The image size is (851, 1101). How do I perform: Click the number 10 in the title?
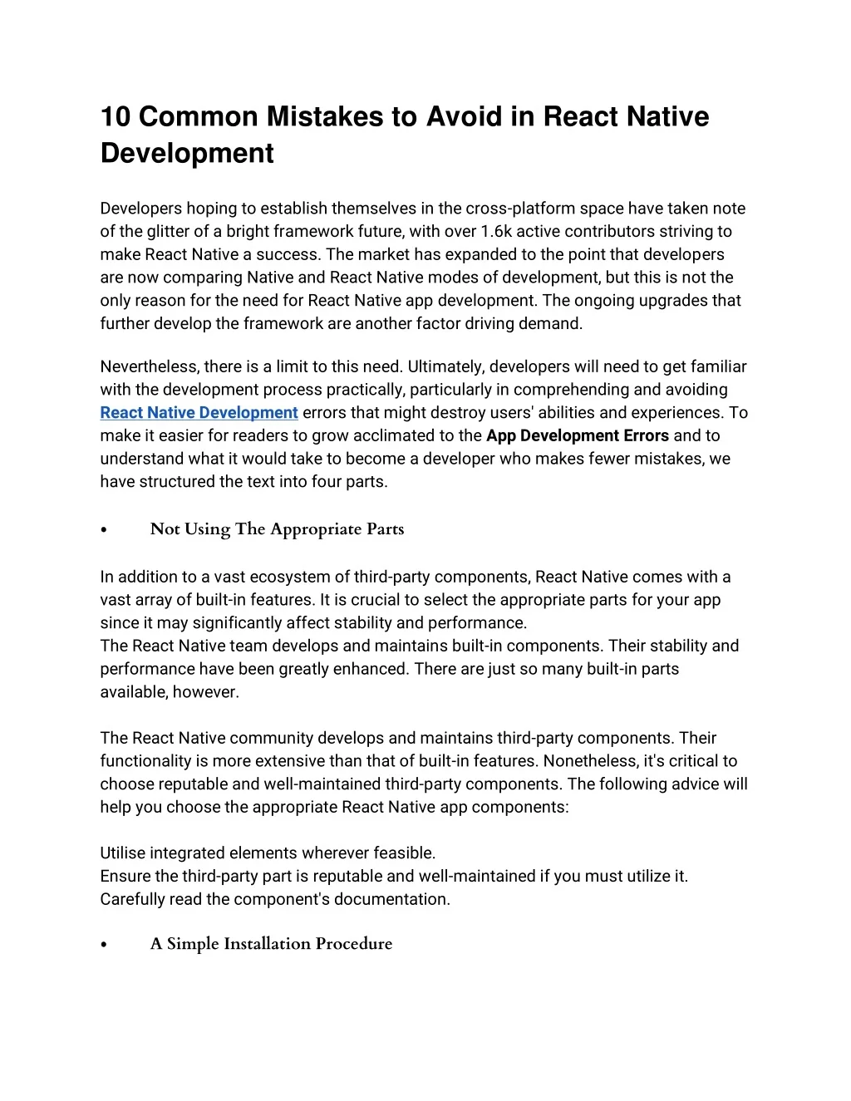click(116, 116)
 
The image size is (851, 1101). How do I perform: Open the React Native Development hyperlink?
click(199, 413)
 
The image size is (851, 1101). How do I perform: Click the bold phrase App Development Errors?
click(578, 435)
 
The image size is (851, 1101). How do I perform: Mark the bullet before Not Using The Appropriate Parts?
click(104, 530)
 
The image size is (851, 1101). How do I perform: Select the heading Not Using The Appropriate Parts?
click(277, 529)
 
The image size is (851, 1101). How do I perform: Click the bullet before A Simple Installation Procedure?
click(104, 945)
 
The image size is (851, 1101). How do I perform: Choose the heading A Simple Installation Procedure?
click(271, 944)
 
